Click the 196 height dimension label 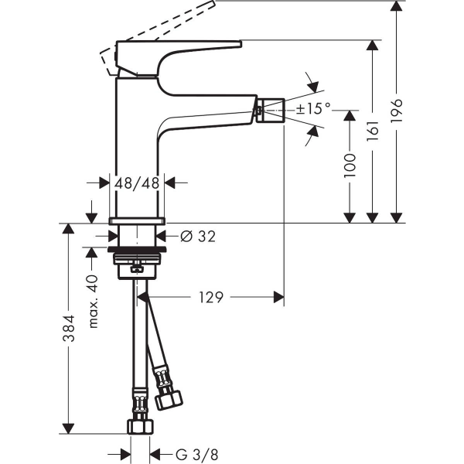[x=397, y=110]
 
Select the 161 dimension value [x=373, y=131]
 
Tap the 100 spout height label [x=350, y=165]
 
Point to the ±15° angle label [x=313, y=108]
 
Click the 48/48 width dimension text [x=137, y=183]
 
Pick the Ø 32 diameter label [x=198, y=236]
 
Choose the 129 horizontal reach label [x=210, y=297]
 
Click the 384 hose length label [x=69, y=328]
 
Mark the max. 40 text [x=93, y=302]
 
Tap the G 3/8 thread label [x=196, y=454]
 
